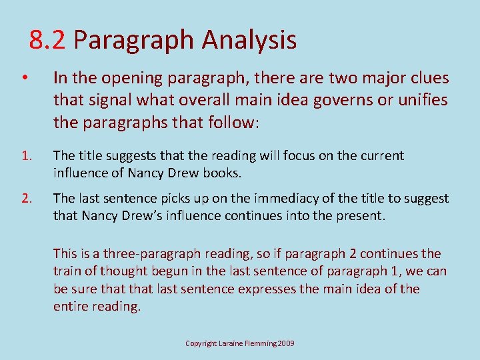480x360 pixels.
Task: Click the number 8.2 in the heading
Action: coord(47,41)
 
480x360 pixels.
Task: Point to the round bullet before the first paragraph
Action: coord(23,79)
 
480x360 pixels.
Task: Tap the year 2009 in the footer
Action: coord(285,343)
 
